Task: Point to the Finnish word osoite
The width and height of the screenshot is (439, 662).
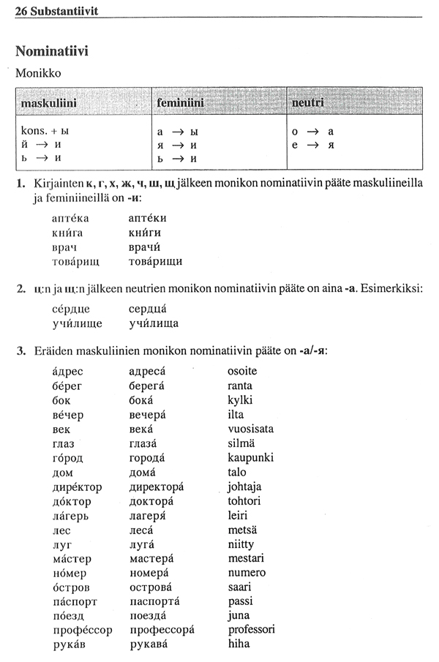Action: (242, 371)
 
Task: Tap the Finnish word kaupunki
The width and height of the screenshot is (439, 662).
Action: (251, 458)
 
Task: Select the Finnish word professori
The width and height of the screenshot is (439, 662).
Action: (252, 629)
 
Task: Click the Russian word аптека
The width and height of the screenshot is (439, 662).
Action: (71, 218)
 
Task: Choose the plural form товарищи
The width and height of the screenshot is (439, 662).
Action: (155, 261)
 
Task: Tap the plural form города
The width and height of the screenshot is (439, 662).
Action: (151, 458)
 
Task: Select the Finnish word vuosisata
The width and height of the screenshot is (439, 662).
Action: (251, 429)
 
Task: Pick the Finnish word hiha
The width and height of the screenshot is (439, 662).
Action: (239, 644)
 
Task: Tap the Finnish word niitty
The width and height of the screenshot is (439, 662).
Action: (241, 543)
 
